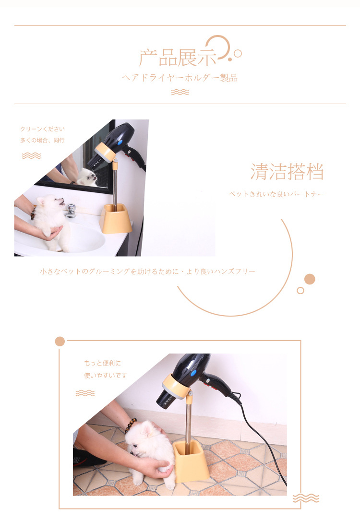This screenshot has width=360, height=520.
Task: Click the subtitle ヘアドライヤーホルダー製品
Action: tap(180, 78)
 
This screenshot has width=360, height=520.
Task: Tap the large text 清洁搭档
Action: tap(287, 172)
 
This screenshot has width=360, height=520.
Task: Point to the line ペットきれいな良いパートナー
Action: tap(276, 194)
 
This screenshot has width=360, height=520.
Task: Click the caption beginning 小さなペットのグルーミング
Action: tap(147, 272)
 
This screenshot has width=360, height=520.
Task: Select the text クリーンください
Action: tap(42, 129)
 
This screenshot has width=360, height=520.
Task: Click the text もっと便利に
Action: tap(103, 363)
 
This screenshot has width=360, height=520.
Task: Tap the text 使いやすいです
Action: tap(106, 376)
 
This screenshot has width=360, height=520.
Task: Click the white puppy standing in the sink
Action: tap(50, 220)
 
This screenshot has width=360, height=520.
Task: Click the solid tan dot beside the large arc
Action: tap(310, 279)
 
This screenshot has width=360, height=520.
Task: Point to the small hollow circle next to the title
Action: tap(238, 54)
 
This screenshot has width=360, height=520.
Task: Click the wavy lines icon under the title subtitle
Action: tap(180, 92)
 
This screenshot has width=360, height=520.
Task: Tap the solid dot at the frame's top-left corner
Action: tap(60, 341)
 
